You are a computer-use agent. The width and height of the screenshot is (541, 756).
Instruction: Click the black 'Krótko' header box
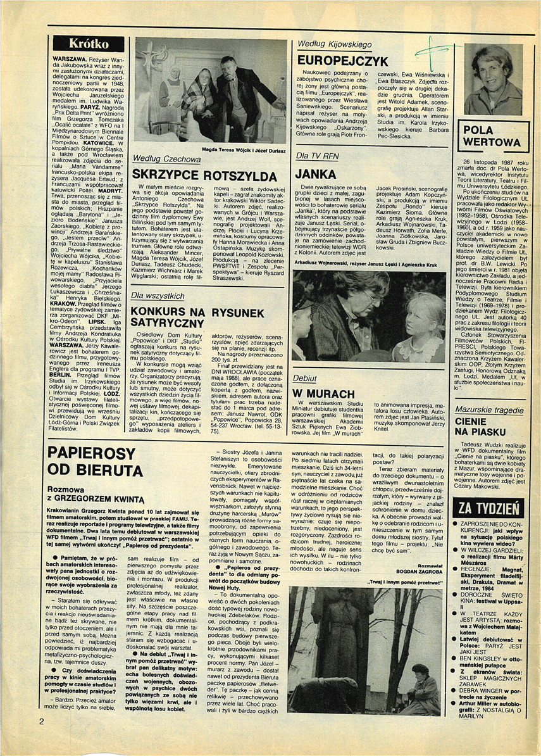pos(89,44)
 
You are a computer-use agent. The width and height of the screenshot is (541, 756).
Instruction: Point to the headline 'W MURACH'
pos(321,393)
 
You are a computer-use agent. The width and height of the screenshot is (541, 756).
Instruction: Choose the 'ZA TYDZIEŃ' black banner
pos(489,507)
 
